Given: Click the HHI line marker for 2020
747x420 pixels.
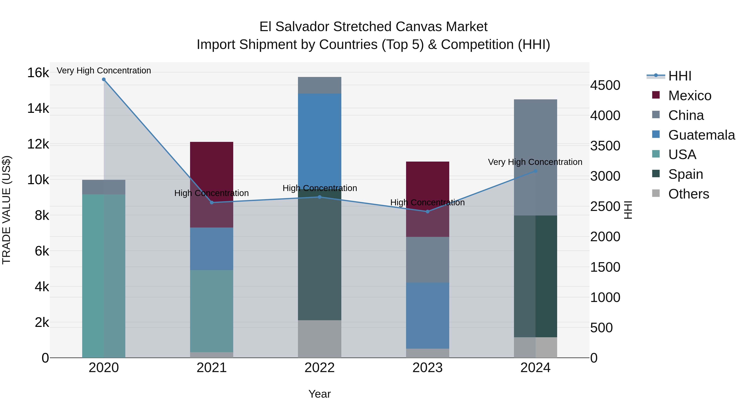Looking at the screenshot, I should point(104,79).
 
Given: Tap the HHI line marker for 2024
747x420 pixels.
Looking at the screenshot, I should point(536,171).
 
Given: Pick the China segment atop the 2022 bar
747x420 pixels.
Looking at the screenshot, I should point(320,85).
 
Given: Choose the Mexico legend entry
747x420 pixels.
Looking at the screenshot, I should point(690,96).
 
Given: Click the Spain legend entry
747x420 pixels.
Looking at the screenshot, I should point(686,174).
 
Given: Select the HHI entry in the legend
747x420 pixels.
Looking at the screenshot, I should point(680,76).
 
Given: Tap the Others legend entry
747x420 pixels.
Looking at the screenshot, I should point(688,194).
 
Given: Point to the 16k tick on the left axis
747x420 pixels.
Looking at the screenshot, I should point(38,72).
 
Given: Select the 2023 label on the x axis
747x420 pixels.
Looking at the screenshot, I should point(427,368).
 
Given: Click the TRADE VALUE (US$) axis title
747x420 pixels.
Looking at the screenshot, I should point(6,210).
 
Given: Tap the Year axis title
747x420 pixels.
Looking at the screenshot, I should point(320,394).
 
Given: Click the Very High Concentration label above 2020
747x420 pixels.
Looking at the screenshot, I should point(104,71).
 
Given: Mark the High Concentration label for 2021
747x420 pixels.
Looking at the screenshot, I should point(211,193).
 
